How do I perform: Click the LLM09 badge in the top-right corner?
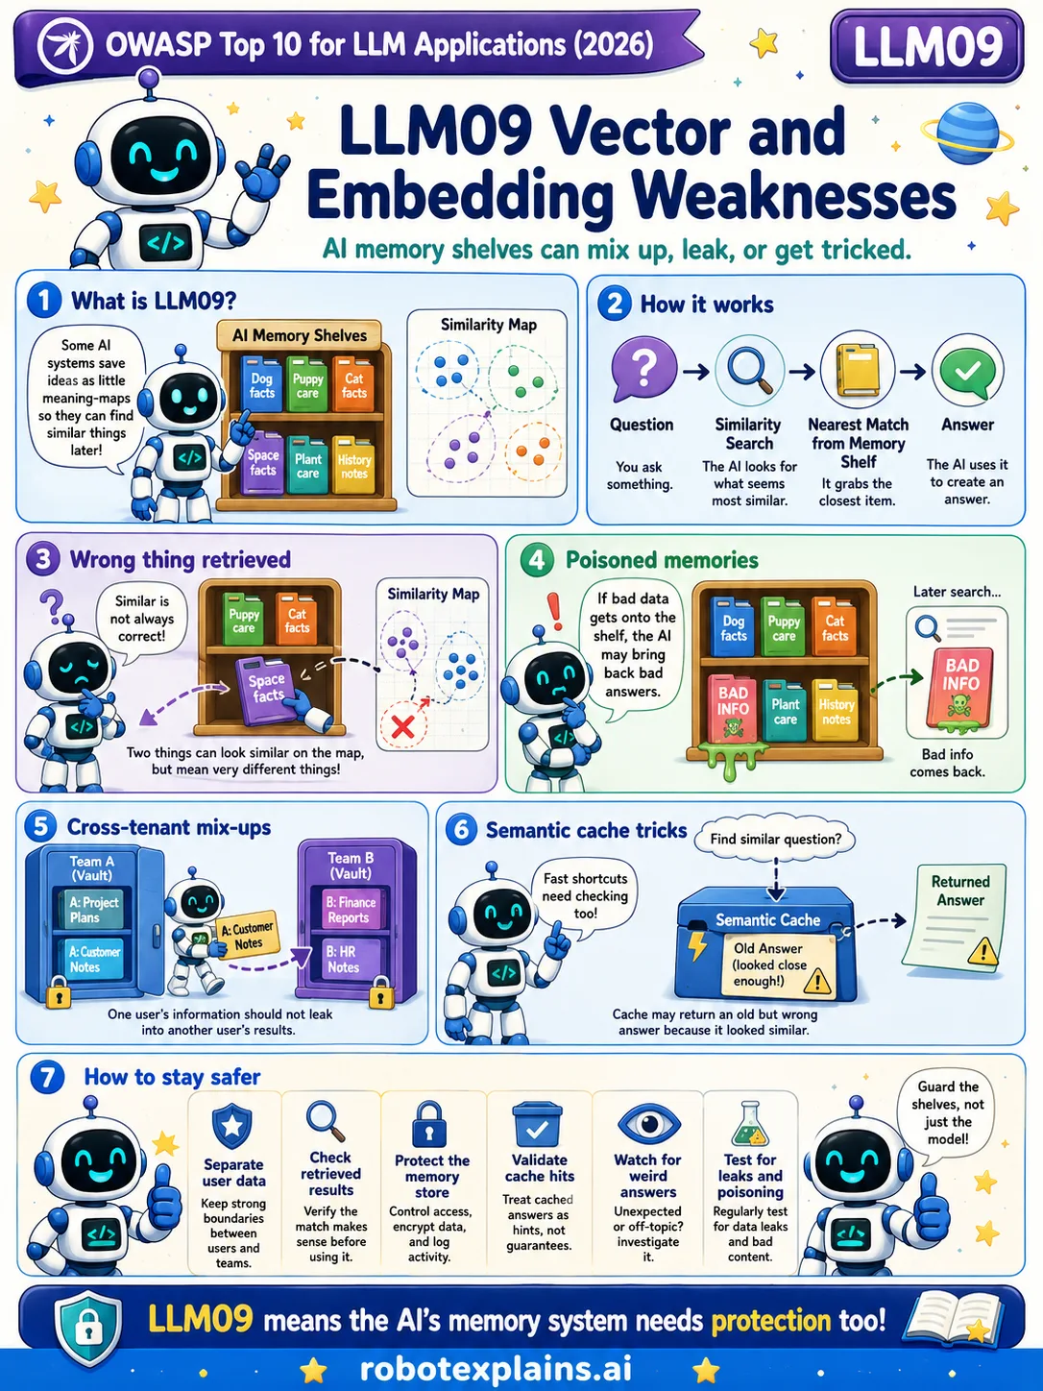pos(927,46)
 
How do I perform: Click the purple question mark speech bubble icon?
pos(643,369)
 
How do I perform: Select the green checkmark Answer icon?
pos(968,372)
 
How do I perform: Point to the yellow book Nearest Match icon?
pos(858,370)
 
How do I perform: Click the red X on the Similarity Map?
pos(402,725)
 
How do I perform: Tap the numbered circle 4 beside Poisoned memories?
pos(536,561)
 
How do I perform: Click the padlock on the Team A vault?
pos(59,993)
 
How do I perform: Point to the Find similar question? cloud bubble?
pos(776,839)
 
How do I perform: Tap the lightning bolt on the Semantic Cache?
pos(697,946)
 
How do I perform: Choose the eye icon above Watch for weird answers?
pos(649,1124)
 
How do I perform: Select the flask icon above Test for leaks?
pos(750,1124)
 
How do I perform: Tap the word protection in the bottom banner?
pos(770,1321)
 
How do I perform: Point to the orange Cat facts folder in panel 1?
pos(353,384)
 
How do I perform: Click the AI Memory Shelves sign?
pos(299,335)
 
